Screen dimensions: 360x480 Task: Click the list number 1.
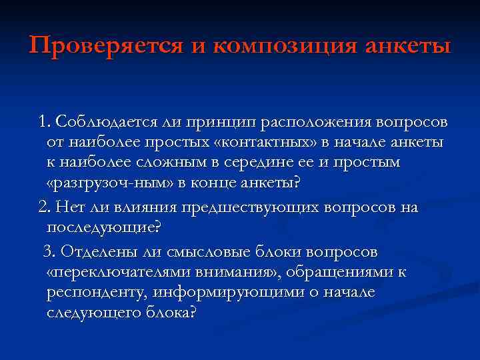(44, 123)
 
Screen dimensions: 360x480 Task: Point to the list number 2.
(44, 207)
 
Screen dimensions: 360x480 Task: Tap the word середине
(253, 162)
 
